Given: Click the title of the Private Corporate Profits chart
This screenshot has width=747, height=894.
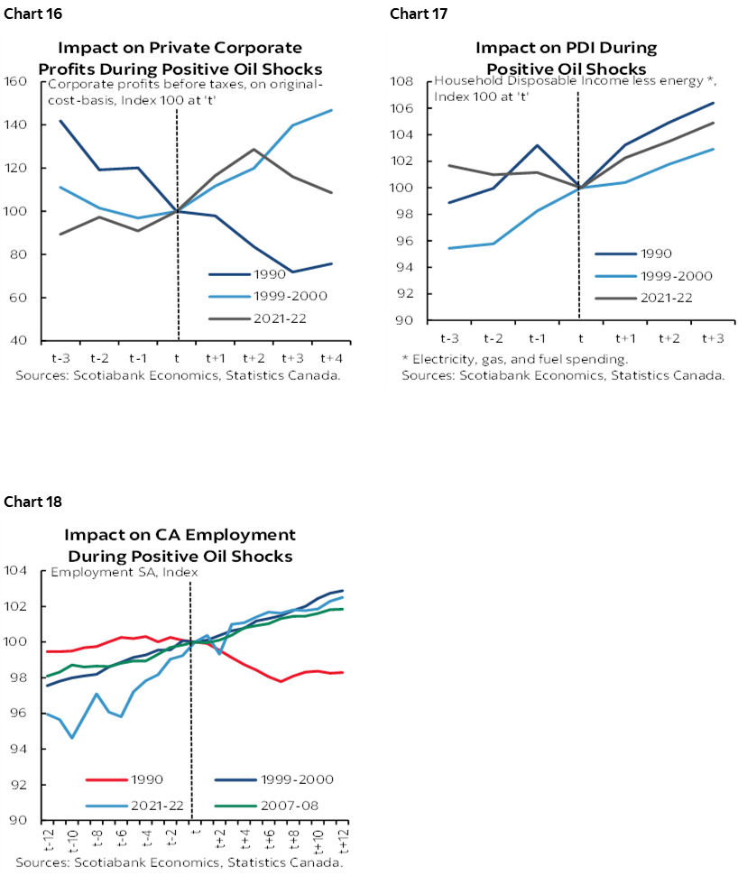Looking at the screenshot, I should pyautogui.click(x=180, y=58).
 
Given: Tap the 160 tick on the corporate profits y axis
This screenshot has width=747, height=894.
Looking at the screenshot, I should pyautogui.click(x=17, y=81).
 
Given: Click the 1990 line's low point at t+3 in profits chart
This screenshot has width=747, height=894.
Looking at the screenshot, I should pyautogui.click(x=292, y=272).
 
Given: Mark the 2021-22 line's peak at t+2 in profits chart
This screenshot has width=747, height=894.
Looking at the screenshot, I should pyautogui.click(x=254, y=150).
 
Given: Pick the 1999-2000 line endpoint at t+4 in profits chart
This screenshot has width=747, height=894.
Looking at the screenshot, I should pyautogui.click(x=332, y=110).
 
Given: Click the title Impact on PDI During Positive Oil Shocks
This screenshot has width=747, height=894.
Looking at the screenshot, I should pyautogui.click(x=566, y=58).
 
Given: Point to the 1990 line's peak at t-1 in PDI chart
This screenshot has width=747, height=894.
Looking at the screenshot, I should pyautogui.click(x=536, y=145).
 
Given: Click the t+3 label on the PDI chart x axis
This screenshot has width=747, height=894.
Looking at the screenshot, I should pyautogui.click(x=712, y=337).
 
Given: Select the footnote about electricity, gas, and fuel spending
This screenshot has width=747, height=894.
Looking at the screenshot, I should pyautogui.click(x=514, y=359).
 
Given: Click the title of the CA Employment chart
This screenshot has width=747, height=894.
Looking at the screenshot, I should pyautogui.click(x=180, y=545).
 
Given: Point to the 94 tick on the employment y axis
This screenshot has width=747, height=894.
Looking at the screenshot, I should pyautogui.click(x=17, y=749).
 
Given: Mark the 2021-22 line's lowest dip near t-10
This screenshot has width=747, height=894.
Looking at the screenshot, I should pyautogui.click(x=72, y=738).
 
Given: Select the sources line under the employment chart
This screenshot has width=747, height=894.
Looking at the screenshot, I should pyautogui.click(x=180, y=862).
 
